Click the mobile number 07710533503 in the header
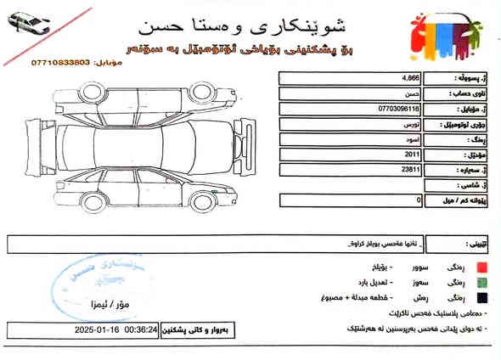pyautogui.click(x=62, y=63)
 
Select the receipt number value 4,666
pyautogui.click(x=410, y=78)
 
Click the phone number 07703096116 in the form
pyautogui.click(x=398, y=109)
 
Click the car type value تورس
pyautogui.click(x=410, y=124)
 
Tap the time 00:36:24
pyautogui.click(x=140, y=329)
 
